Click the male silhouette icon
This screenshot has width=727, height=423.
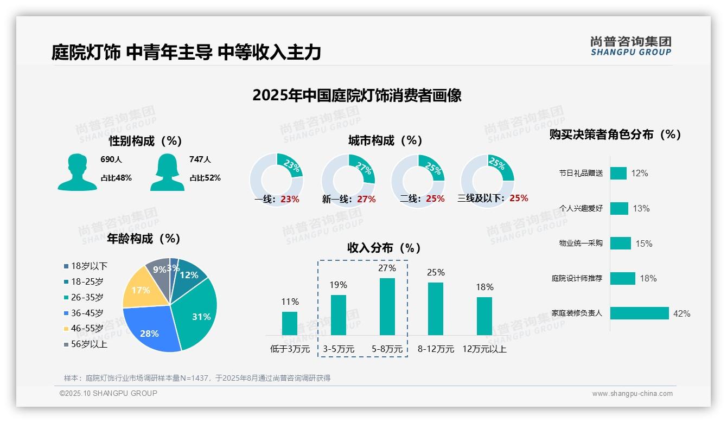point(77,172)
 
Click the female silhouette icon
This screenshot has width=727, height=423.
point(167,172)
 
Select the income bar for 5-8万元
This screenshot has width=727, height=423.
point(387,306)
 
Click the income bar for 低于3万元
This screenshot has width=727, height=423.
point(290,323)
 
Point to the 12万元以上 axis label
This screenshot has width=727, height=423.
point(484,349)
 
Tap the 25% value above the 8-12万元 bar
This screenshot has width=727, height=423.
point(436,272)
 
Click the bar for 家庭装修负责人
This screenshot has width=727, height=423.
point(639,313)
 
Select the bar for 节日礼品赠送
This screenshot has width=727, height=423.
point(618,173)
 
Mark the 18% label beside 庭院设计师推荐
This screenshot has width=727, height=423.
point(648,278)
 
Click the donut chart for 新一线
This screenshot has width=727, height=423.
point(348,178)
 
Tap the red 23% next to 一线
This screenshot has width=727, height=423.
point(290,199)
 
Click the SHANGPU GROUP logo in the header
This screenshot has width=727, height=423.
point(630,46)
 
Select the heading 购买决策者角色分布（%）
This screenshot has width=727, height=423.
point(615,134)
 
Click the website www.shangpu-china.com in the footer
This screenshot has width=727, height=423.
point(632,394)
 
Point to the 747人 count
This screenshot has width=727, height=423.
point(200,159)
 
